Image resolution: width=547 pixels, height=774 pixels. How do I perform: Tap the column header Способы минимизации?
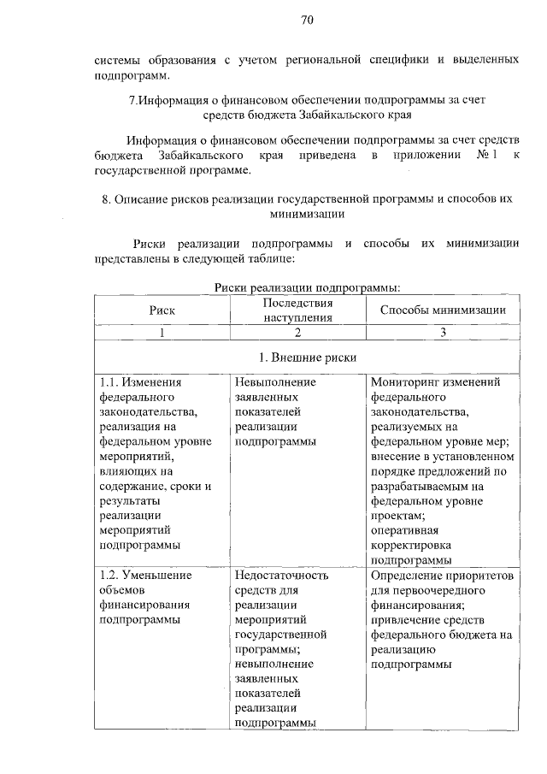click(x=443, y=310)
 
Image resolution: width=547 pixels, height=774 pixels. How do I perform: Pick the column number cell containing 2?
click(x=297, y=334)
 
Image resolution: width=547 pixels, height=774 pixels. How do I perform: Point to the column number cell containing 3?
click(x=443, y=334)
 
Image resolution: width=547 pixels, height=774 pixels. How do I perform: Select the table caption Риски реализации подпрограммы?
click(x=307, y=287)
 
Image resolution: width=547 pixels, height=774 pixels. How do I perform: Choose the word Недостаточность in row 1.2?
click(x=281, y=576)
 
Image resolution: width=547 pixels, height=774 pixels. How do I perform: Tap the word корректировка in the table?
click(x=411, y=545)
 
